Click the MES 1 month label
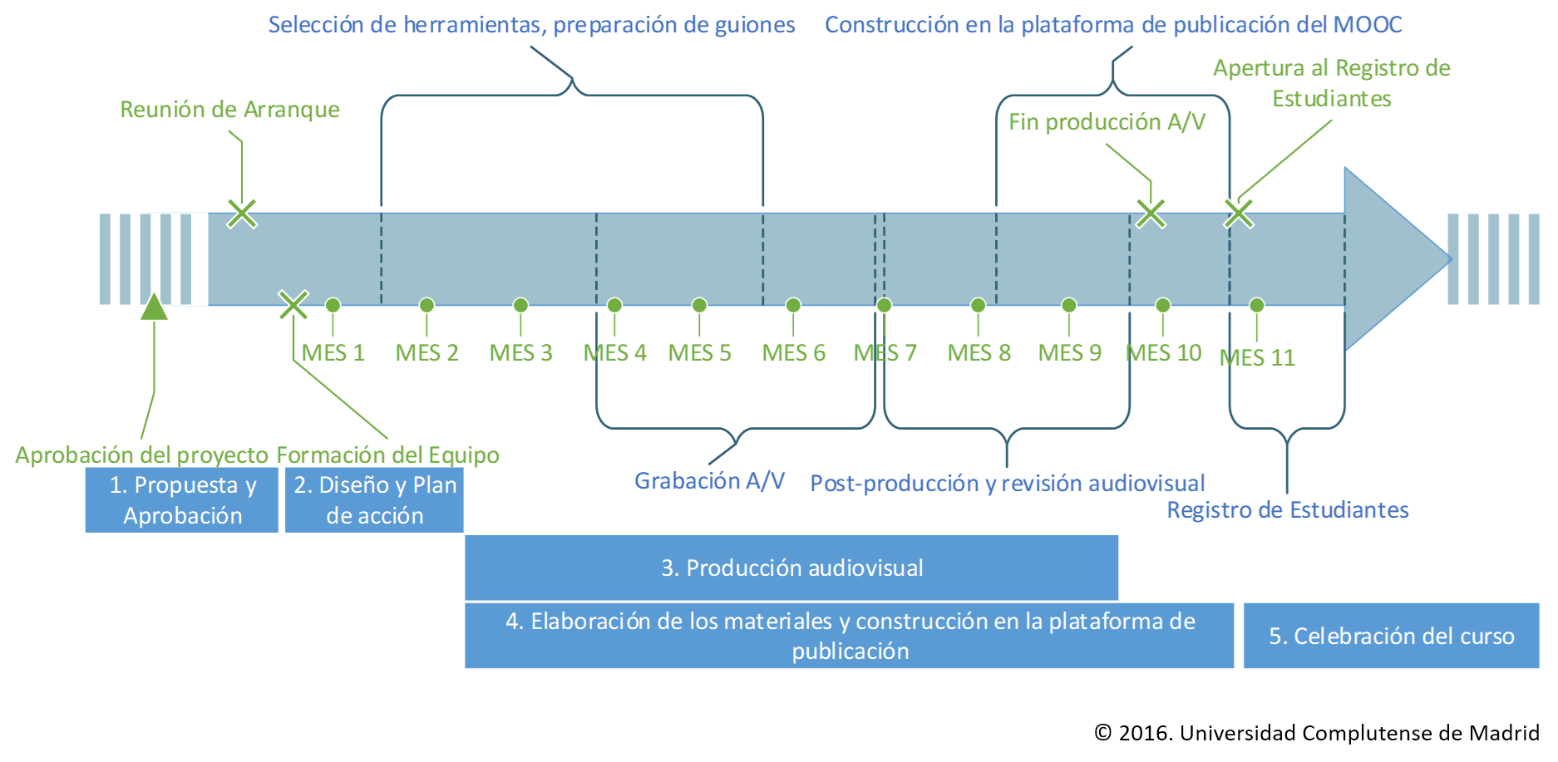[333, 352]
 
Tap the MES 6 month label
[794, 352]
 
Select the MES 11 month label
[1257, 357]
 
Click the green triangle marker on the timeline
[154, 307]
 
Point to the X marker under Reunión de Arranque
[242, 214]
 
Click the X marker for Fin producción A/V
[1151, 214]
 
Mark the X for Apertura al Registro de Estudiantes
[1239, 214]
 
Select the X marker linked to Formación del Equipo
[293, 305]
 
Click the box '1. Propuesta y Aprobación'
[182, 500]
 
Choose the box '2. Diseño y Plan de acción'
[374, 500]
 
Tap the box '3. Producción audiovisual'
[791, 568]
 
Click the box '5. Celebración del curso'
[1391, 636]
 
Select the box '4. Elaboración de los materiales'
[849, 636]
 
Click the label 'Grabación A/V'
[709, 480]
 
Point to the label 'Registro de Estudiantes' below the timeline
[1288, 509]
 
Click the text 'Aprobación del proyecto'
[141, 455]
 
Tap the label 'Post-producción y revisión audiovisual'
[1007, 483]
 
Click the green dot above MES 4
[615, 305]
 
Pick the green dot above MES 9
[1069, 305]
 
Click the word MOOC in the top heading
[1368, 25]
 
